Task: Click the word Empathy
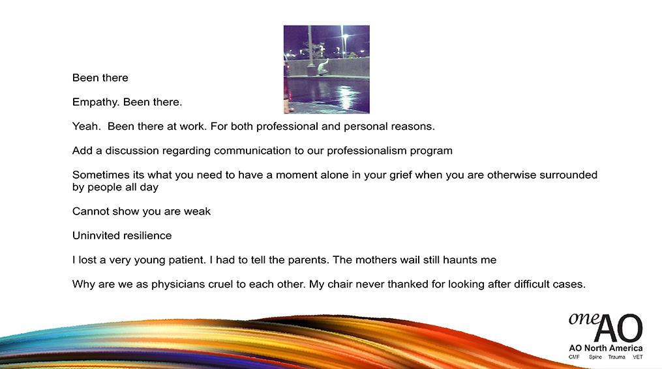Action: point(96,102)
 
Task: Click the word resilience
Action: point(149,235)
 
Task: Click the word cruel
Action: point(220,284)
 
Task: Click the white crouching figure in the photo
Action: point(323,67)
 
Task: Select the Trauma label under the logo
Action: point(616,357)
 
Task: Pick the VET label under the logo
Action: point(637,357)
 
